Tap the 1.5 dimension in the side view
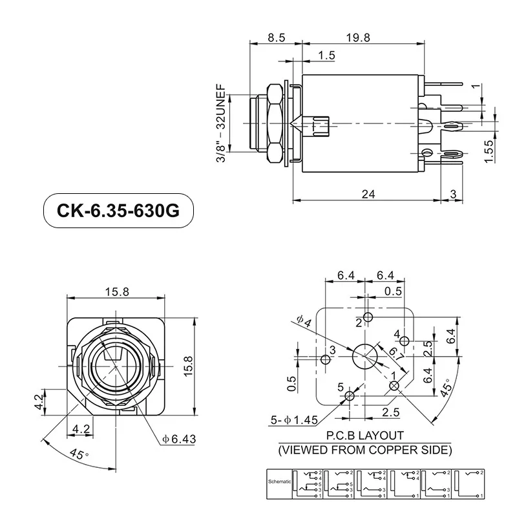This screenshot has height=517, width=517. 327,56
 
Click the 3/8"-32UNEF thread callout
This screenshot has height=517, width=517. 221,123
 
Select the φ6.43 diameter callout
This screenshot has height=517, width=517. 179,439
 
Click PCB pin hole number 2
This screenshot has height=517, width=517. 368,317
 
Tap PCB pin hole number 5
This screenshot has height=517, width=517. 350,396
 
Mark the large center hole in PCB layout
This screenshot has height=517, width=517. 364,355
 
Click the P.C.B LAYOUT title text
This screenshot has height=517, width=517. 365,436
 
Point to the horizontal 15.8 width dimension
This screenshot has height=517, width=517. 117,291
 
